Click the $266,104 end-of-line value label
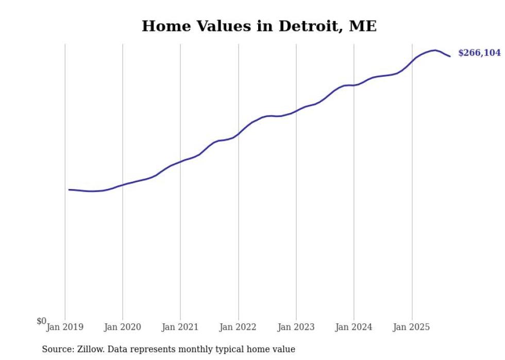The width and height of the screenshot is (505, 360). pos(479,53)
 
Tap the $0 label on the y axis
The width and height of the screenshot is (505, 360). pos(41,321)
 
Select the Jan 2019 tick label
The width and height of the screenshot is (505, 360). pos(65,327)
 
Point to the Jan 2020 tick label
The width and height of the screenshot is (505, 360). pos(123,327)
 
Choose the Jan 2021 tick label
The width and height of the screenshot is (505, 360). pos(180,327)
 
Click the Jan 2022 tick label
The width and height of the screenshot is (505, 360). pos(238,327)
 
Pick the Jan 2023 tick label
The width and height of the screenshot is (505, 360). pos(296,327)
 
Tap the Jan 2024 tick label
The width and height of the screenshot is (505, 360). pos(353,327)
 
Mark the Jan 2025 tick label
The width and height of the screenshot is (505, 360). pos(411,327)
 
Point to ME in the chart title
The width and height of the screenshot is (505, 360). pos(363,26)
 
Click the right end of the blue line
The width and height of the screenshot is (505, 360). pos(450,56)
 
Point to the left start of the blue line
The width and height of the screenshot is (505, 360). pos(69,190)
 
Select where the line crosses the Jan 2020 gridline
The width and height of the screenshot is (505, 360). pos(123,184)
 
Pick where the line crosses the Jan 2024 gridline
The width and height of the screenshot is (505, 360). pos(354,85)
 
